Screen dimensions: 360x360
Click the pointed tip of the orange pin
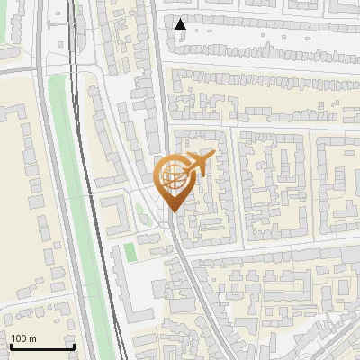pos(173,212)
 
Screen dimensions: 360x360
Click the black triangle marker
pos(181,24)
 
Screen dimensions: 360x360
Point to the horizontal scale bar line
pos(41,346)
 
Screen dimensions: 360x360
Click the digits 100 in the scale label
pos(19,339)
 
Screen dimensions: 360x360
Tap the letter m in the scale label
pos(32,339)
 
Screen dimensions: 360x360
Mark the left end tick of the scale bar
pos(10,345)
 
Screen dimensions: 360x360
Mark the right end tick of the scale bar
pos(73,345)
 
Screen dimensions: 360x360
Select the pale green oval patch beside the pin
pos(140,214)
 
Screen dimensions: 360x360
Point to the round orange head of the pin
pos(173,177)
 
